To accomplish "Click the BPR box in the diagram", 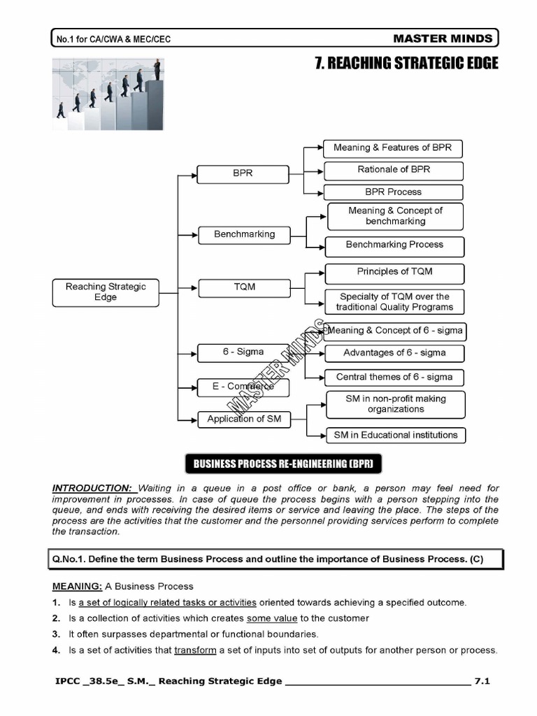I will [243, 174].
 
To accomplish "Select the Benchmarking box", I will [244, 235].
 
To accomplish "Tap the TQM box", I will [244, 287].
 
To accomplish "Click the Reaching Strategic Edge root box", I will [106, 292].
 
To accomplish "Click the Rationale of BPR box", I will [394, 170].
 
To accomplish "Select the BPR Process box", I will [394, 192].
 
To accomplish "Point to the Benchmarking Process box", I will [394, 245].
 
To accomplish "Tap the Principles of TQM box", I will [394, 272].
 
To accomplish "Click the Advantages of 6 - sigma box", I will [394, 353].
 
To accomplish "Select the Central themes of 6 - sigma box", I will [394, 378].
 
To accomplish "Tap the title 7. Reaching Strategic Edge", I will [406, 64].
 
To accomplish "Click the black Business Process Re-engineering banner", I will [283, 464].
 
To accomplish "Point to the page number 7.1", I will [482, 681].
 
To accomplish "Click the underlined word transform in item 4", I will [195, 650].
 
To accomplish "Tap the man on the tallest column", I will [157, 69].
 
